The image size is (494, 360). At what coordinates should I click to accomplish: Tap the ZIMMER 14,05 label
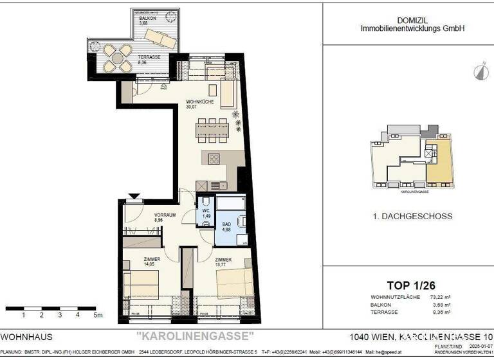click(143, 260)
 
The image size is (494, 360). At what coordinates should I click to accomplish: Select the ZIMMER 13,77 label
click(224, 260)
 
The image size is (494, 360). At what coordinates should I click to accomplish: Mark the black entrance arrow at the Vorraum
click(134, 197)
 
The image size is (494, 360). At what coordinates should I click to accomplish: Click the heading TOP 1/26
click(408, 285)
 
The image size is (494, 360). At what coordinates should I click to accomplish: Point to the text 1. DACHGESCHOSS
click(408, 217)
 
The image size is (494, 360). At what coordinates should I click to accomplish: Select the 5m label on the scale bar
click(97, 316)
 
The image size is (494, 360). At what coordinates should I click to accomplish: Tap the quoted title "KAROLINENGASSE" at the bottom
click(196, 336)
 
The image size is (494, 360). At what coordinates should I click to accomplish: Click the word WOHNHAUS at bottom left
click(26, 337)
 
